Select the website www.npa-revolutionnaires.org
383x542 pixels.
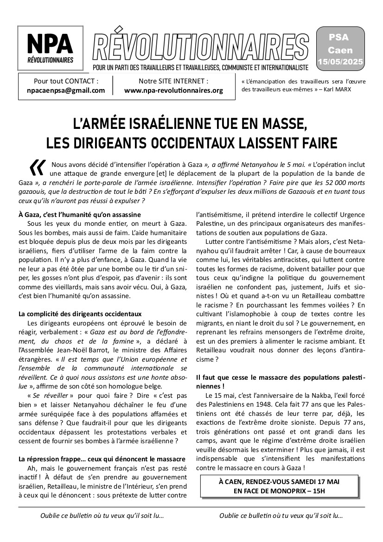(x=173, y=90)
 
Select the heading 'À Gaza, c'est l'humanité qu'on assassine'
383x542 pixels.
(x=79, y=214)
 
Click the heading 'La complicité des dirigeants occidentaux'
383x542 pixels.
(x=80, y=314)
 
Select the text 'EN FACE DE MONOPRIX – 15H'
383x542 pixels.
(x=279, y=491)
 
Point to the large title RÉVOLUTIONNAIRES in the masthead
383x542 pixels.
(x=199, y=48)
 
